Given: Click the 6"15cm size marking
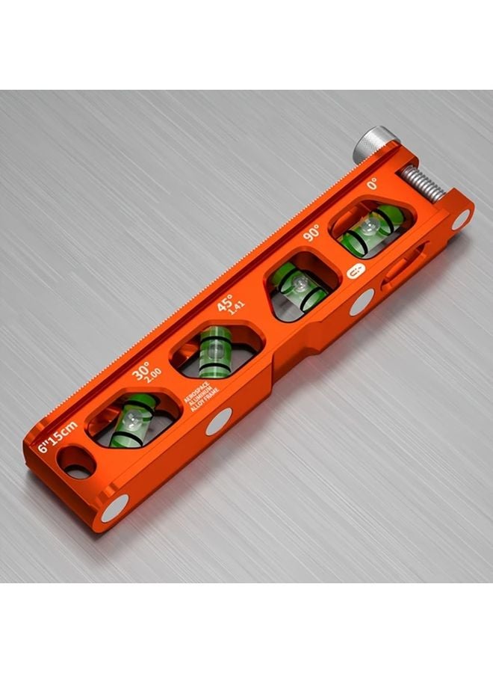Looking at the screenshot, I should pos(58,438).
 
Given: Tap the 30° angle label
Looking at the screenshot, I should pos(141,372).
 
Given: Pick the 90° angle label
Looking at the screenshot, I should pos(311,234).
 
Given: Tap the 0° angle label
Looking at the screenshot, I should pos(371,184).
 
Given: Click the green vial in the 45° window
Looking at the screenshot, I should pos(213,350).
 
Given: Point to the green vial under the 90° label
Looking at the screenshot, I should pos(300,285).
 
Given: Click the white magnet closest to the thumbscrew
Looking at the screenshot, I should pos(462,218).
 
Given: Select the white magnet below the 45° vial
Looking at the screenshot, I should pos(220,422).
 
